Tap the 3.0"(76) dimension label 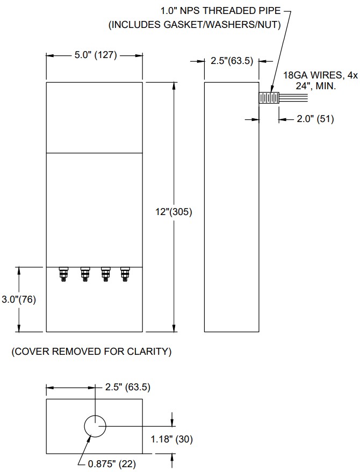(x=19, y=299)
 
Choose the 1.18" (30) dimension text (x=171, y=439)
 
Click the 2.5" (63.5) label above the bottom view (x=127, y=387)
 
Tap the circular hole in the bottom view (x=95, y=427)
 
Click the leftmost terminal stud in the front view (x=64, y=274)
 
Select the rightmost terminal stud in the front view (x=125, y=274)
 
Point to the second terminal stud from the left (x=84, y=274)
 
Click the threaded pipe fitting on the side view (x=269, y=98)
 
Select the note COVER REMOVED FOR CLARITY (x=91, y=352)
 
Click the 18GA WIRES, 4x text (x=320, y=76)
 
